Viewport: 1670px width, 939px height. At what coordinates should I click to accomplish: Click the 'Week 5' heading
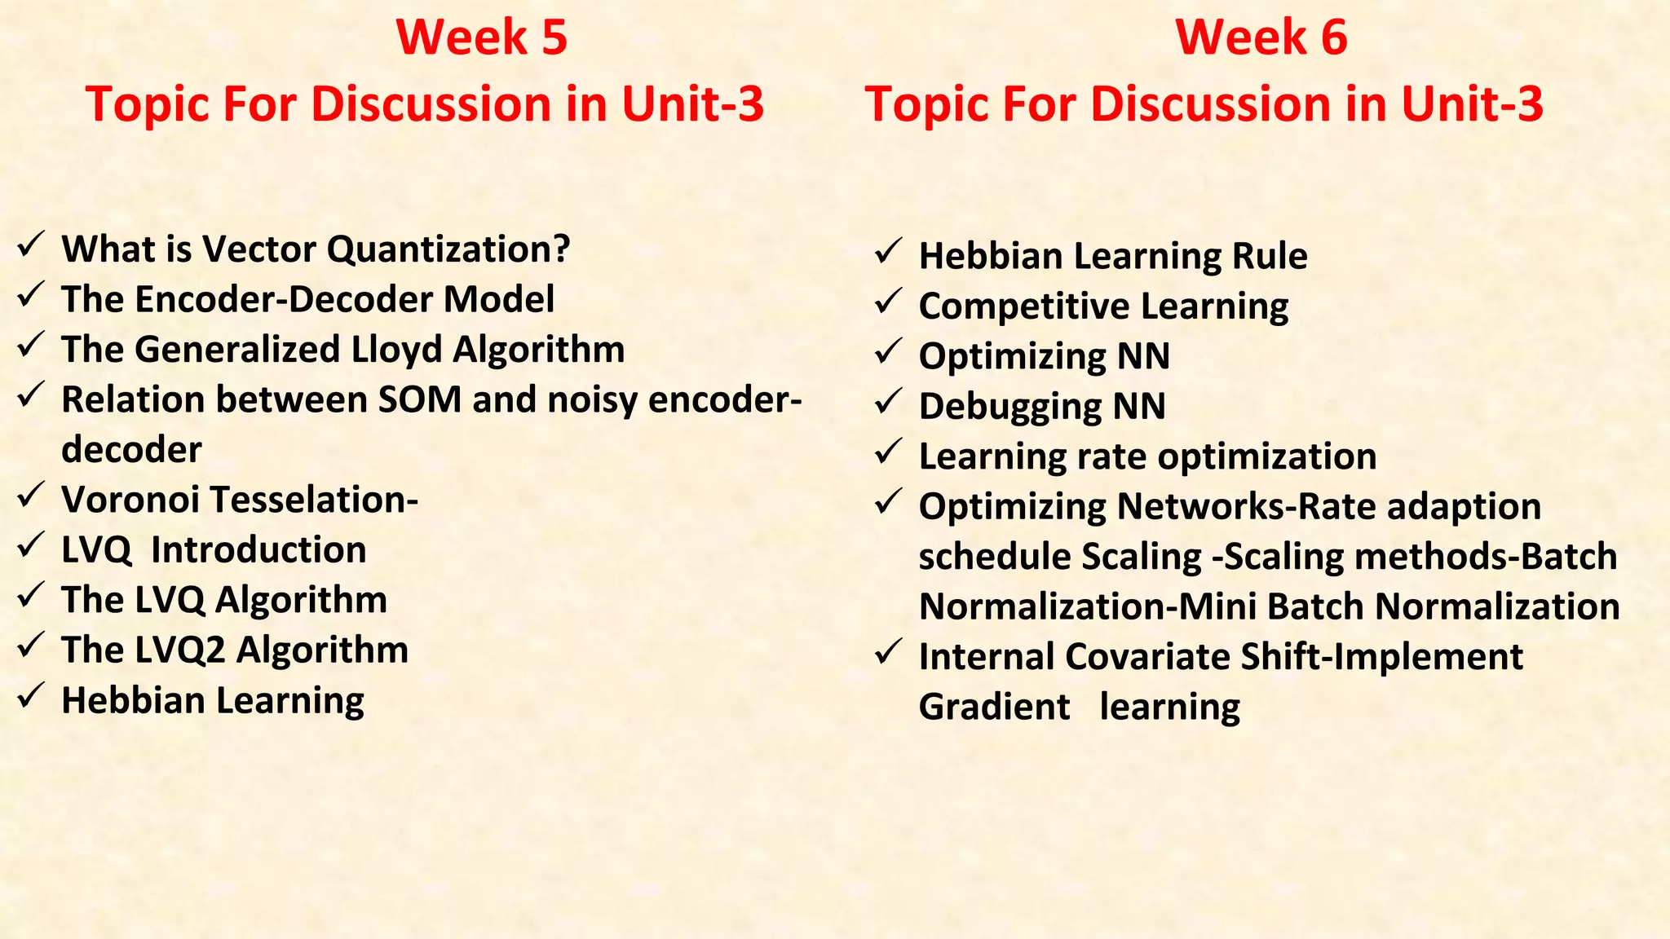[481, 37]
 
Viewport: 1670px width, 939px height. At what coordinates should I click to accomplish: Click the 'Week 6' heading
[1261, 37]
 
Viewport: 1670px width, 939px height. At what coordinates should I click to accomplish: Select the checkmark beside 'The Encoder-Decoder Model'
[30, 294]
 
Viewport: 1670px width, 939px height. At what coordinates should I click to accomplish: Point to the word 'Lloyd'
[397, 350]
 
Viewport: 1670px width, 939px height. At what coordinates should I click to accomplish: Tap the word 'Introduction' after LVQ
[258, 550]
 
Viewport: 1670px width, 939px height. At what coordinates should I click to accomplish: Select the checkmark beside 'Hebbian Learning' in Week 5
[30, 695]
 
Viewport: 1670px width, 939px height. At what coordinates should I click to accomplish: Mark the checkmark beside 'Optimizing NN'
[887, 352]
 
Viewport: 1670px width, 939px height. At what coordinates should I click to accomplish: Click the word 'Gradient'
[994, 707]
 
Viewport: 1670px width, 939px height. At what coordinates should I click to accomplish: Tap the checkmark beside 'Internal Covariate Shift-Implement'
[887, 652]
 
